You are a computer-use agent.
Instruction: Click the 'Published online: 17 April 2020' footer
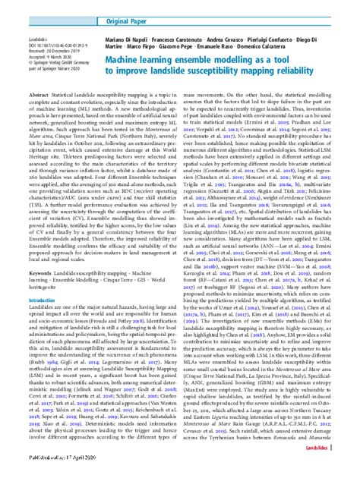[x=60, y=471]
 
